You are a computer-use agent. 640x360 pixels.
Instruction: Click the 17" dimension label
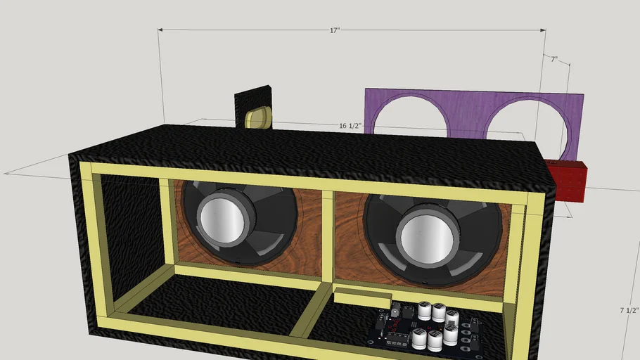pos(334,31)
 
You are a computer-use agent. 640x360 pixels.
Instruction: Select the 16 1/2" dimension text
pos(350,126)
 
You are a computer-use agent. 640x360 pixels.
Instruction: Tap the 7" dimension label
pos(553,60)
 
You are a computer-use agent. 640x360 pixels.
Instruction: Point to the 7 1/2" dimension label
pos(629,310)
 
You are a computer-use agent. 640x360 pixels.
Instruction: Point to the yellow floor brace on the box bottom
pos(309,316)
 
